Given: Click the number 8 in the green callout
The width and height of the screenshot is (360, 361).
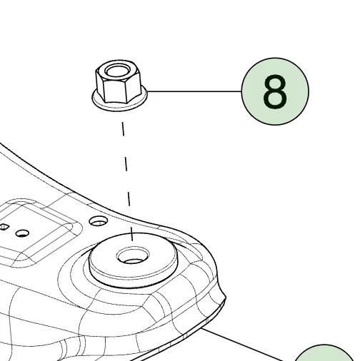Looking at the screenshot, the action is click(275, 91).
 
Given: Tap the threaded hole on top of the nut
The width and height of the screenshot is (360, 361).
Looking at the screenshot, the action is click(118, 71).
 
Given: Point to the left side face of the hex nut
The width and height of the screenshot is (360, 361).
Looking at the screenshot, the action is click(100, 83).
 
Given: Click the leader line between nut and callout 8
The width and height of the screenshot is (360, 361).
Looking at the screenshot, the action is click(194, 91).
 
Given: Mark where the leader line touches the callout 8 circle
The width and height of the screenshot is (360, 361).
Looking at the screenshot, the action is click(241, 91).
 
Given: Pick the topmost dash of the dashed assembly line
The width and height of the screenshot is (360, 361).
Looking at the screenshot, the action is click(123, 129).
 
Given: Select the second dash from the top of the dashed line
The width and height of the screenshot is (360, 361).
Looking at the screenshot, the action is click(126, 164).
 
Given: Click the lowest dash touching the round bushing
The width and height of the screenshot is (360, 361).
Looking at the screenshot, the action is click(132, 233).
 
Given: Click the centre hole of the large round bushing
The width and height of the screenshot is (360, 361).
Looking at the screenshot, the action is click(133, 255).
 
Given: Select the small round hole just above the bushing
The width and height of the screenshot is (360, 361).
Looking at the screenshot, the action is click(98, 221).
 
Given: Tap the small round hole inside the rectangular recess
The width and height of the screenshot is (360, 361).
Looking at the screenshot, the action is click(22, 233).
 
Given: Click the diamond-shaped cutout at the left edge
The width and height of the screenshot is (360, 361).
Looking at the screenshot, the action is click(4, 227).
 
